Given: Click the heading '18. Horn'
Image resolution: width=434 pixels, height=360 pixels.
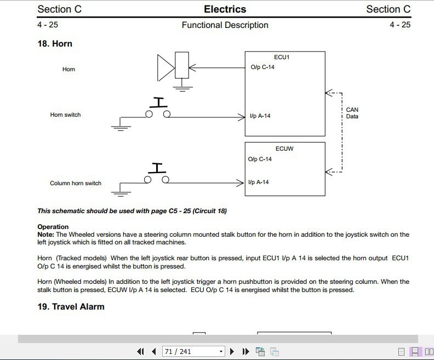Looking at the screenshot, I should pyautogui.click(x=55, y=44).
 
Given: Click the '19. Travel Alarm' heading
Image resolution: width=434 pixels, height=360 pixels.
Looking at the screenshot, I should pyautogui.click(x=71, y=306).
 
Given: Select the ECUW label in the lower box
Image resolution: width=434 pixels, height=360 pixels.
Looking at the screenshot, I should pyautogui.click(x=284, y=148).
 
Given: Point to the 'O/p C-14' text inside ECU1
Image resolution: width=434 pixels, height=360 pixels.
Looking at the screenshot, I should pyautogui.click(x=262, y=68).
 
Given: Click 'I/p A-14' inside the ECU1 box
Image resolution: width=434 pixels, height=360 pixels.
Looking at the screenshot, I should pyautogui.click(x=260, y=116).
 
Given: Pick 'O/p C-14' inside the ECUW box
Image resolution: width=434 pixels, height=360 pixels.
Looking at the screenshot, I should pyautogui.click(x=260, y=159).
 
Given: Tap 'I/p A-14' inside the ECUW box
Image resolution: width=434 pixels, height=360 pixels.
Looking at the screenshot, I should pyautogui.click(x=259, y=182).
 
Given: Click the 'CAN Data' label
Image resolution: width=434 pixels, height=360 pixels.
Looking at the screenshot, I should pyautogui.click(x=352, y=113).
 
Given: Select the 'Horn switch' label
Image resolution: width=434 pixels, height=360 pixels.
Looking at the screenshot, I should pyautogui.click(x=65, y=115).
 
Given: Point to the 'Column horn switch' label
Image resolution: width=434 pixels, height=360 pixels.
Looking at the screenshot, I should pyautogui.click(x=76, y=184).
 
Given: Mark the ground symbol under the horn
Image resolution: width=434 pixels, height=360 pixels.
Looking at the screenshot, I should pyautogui.click(x=183, y=87).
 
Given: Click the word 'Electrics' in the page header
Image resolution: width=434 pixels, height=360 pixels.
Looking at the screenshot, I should pyautogui.click(x=225, y=9).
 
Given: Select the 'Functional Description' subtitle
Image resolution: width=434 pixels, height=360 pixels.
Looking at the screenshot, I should pyautogui.click(x=225, y=25).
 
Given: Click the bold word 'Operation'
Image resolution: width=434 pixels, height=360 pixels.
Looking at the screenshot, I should pyautogui.click(x=53, y=227).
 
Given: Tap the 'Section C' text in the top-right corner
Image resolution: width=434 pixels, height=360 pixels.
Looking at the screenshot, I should pyautogui.click(x=388, y=9).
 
